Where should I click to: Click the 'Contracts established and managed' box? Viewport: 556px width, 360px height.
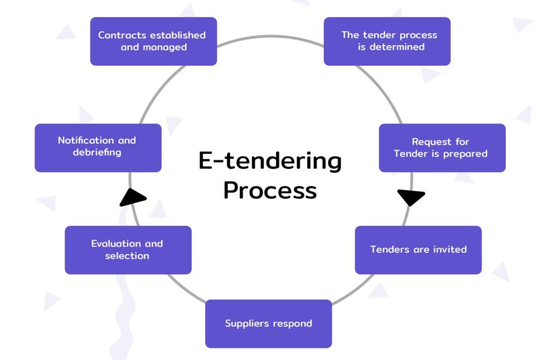153,41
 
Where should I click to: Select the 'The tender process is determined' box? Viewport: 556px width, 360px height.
387,41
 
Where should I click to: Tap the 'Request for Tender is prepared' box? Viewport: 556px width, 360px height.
442,148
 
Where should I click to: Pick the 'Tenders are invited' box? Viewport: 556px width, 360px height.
418,250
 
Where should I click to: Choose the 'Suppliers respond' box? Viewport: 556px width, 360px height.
268,323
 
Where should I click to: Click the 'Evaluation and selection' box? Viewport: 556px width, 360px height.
128,250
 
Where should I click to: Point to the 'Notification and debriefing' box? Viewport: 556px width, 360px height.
97,148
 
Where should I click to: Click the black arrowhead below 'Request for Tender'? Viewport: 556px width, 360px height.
411,196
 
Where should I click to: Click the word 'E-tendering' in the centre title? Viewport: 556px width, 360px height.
270,161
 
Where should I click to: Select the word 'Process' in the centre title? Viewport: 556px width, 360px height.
270,190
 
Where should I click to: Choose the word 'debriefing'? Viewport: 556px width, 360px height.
97,153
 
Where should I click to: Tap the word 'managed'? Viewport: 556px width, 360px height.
164,47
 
